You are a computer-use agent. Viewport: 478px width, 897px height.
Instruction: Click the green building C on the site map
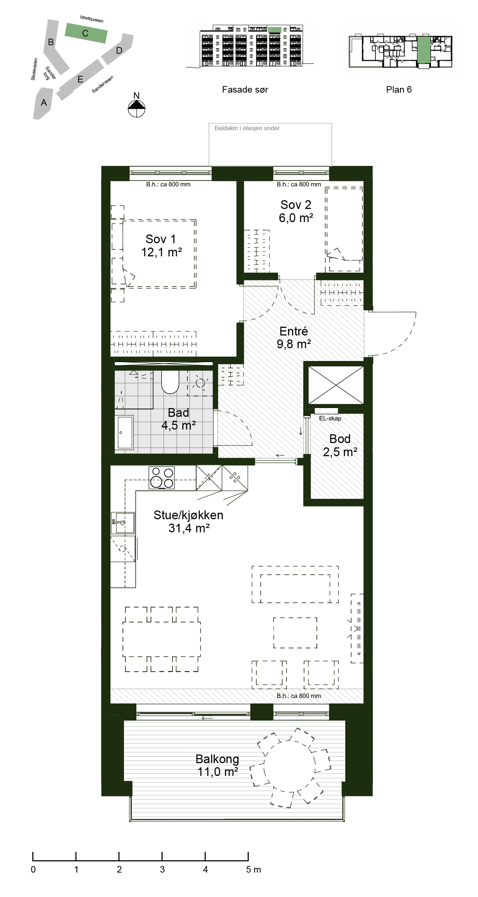tap(86, 33)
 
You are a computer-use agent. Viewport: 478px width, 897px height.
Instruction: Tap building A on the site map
tap(43, 103)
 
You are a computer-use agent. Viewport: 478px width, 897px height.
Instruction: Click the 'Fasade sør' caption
tap(245, 90)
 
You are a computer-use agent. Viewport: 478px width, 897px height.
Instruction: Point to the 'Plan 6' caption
tap(399, 90)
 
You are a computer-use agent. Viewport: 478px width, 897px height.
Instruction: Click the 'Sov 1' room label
tap(161, 239)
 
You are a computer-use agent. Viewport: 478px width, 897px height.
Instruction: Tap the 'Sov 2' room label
tap(296, 205)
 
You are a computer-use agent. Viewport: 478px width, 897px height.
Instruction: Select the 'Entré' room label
tap(294, 331)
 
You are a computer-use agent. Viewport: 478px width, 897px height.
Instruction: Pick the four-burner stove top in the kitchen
tap(162, 477)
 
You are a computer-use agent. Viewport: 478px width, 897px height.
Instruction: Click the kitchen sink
tap(123, 523)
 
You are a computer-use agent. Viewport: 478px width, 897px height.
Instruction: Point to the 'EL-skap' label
tap(330, 419)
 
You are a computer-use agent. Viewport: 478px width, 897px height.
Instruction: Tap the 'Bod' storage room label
tap(340, 439)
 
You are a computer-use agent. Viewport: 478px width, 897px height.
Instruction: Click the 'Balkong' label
tap(217, 759)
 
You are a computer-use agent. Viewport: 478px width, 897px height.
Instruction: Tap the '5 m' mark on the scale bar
tap(253, 870)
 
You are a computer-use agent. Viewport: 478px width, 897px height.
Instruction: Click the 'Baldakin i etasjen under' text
tap(247, 128)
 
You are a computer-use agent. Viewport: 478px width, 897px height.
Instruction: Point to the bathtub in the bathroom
tap(124, 432)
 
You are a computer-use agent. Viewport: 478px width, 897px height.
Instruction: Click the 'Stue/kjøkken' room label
tap(188, 515)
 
